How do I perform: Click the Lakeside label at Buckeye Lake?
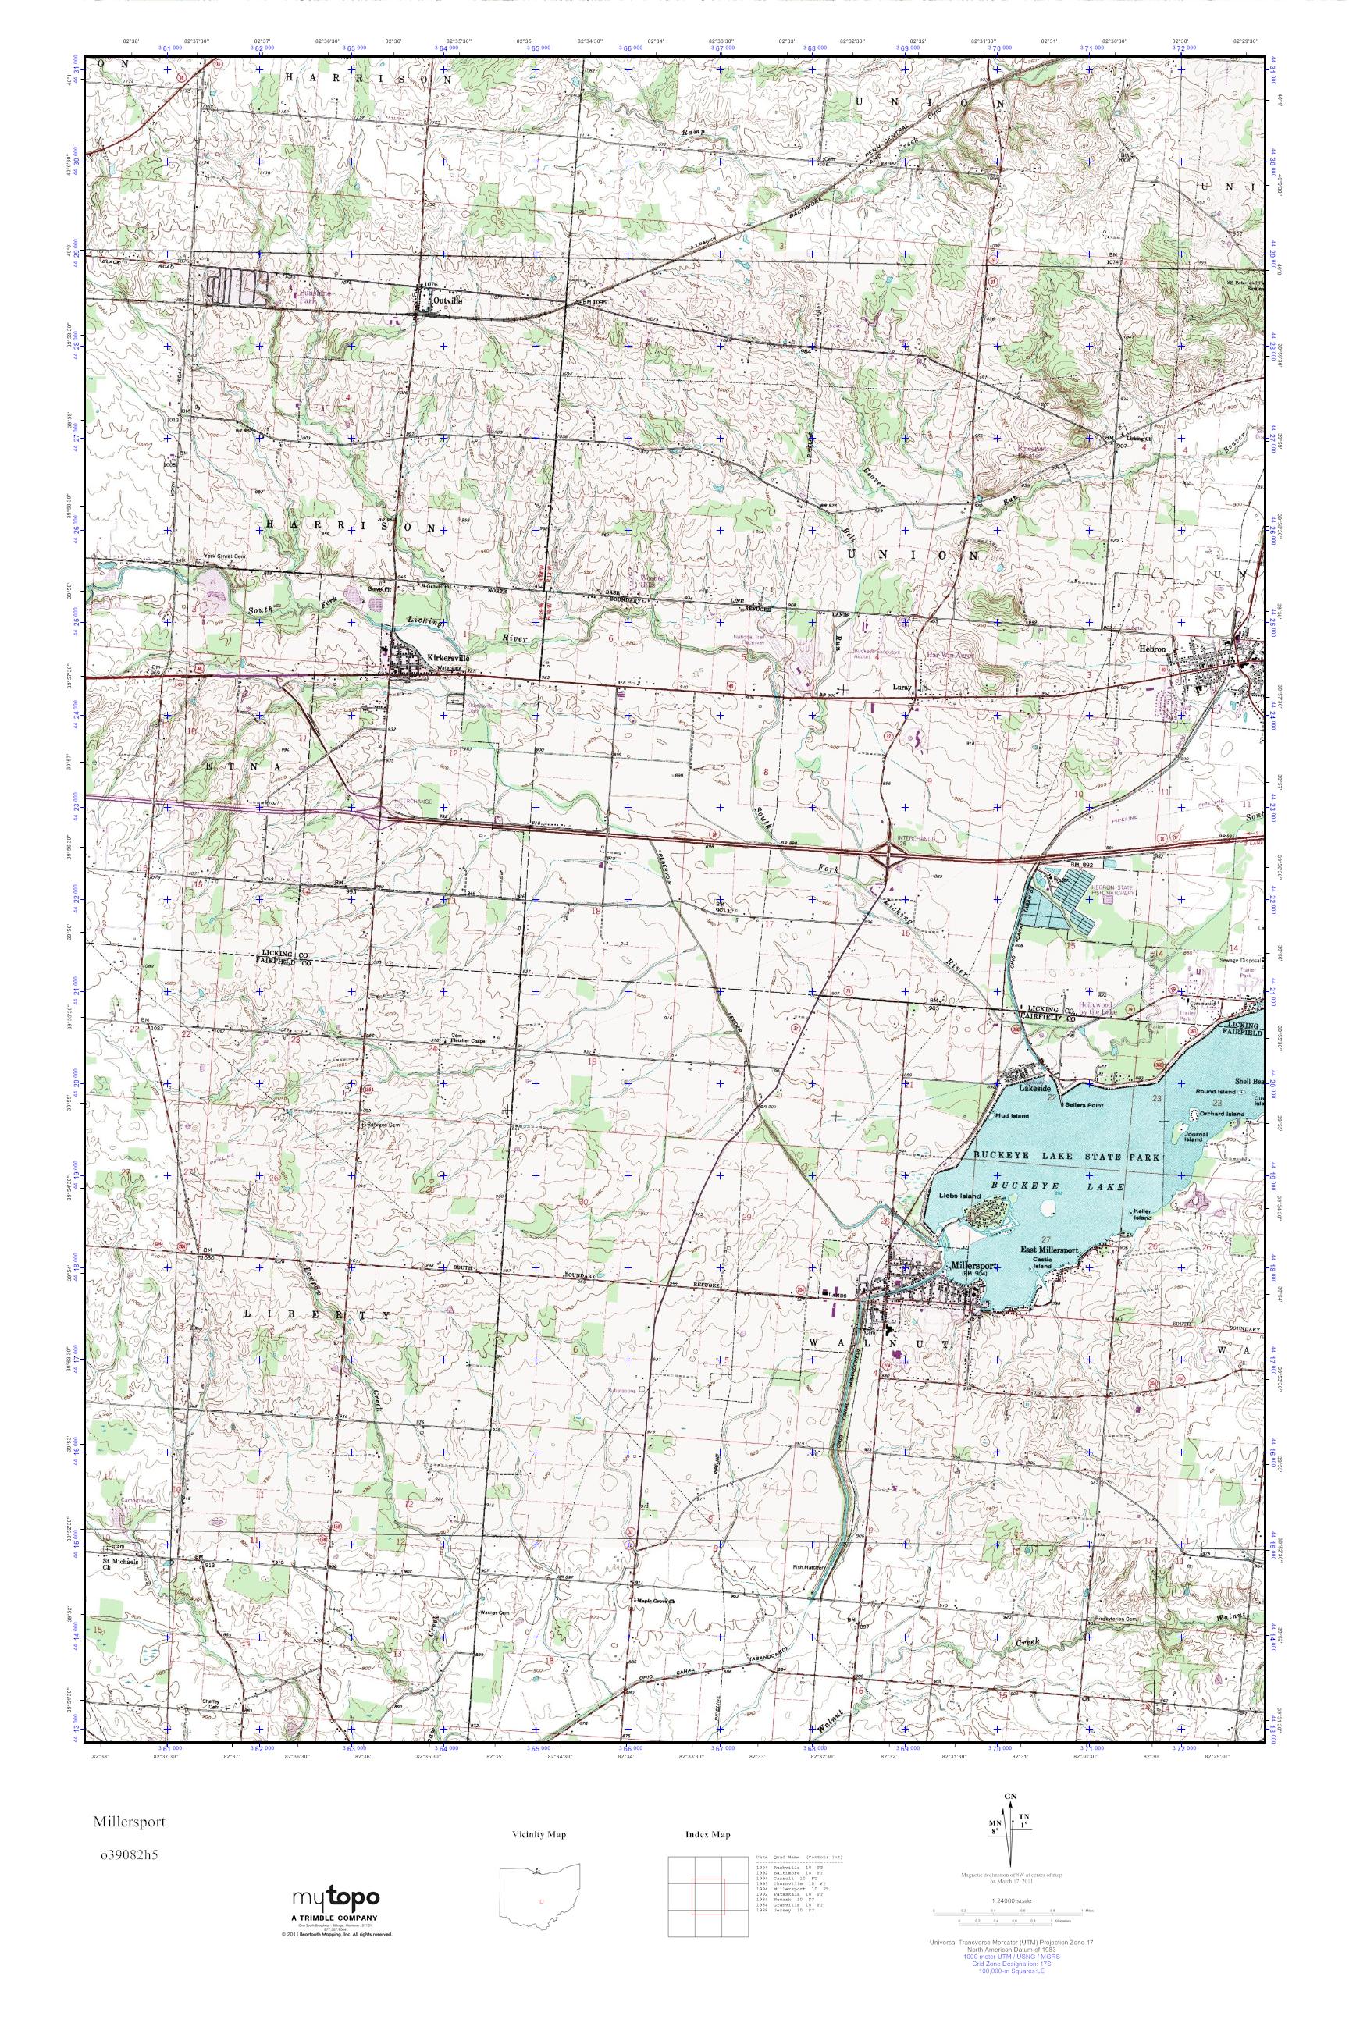[1035, 1087]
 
